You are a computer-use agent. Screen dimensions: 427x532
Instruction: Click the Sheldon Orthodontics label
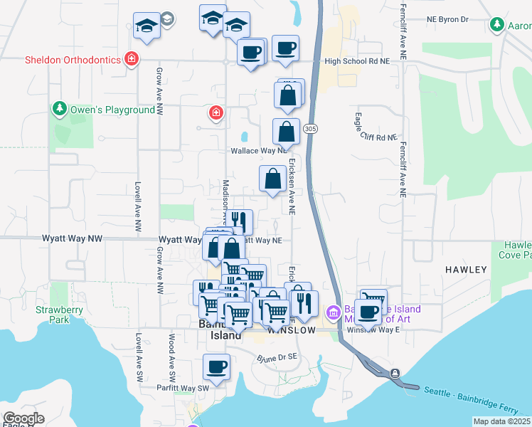(73, 60)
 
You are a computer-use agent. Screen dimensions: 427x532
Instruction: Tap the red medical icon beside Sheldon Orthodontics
(131, 59)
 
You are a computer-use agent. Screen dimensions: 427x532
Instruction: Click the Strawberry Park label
(60, 315)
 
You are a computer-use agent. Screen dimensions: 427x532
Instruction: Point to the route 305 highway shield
(309, 129)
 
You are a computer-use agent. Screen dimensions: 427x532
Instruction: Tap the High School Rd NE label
(356, 62)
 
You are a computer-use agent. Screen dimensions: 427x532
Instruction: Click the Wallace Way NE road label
(258, 151)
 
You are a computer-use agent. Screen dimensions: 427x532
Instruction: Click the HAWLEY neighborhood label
(467, 270)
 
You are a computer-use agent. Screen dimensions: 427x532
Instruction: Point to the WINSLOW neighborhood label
(291, 331)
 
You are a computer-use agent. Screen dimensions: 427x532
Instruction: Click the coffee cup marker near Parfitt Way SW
(216, 367)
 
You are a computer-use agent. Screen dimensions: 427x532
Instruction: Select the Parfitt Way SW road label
(183, 388)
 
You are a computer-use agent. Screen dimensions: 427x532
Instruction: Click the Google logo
(23, 419)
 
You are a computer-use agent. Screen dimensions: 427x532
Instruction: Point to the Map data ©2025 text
(501, 421)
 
